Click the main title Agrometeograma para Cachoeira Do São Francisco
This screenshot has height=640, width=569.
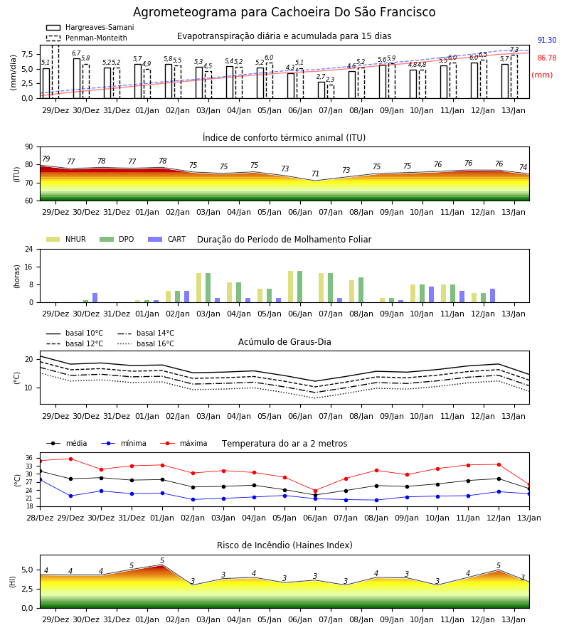pos(284,12)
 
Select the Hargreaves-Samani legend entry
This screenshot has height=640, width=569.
pos(90,27)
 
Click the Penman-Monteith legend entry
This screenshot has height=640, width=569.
pos(87,38)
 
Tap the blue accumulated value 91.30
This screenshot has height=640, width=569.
pos(547,40)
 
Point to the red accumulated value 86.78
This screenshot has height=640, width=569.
pos(547,58)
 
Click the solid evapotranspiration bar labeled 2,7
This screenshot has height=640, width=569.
pos(321,90)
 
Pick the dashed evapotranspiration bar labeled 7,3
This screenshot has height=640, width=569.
pos(514,77)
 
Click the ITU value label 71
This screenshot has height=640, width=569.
pos(315,174)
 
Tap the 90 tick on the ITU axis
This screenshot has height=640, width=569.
pos(28,147)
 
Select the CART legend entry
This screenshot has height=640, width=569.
pos(167,239)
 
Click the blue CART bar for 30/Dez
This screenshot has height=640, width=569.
pos(95,297)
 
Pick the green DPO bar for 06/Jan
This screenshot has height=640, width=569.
pos(300,287)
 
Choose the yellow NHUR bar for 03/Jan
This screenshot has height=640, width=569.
pos(198,288)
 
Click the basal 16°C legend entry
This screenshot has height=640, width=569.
pos(146,343)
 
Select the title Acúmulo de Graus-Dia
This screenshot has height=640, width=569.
pos(284,342)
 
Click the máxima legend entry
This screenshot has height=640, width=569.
pos(184,443)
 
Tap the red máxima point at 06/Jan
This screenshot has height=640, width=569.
pos(315,491)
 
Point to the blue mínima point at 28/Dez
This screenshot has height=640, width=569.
pos(40,479)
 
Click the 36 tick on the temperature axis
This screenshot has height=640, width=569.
pos(29,458)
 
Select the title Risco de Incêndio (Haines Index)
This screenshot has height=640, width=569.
pos(284,545)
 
